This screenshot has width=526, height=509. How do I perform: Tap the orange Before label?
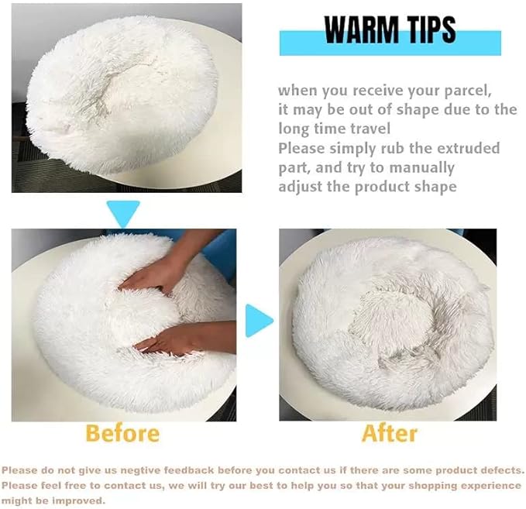122,432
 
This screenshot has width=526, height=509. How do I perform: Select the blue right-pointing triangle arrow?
259,320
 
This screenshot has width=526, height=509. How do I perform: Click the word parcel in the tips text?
464,90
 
